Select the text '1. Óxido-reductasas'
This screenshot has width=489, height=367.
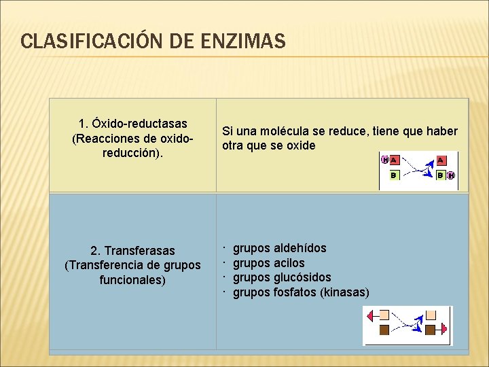pos(133,124)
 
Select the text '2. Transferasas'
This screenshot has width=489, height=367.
pos(132,251)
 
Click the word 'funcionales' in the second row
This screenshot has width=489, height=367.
pos(132,280)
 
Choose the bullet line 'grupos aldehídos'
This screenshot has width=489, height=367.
pos(279,248)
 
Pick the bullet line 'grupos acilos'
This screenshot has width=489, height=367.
pos(268,263)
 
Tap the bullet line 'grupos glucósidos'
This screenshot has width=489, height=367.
pos(282,277)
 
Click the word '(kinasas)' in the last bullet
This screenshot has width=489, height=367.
pos(344,292)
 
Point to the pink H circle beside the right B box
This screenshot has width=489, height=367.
pos(451,175)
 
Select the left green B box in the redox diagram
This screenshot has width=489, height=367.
pos(393,175)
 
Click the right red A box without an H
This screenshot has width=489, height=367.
pos(441,160)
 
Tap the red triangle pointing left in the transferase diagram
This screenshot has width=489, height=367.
pos(371,315)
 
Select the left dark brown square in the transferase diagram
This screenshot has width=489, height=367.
pos(384,330)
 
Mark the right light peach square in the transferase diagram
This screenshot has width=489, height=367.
pos(430,315)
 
